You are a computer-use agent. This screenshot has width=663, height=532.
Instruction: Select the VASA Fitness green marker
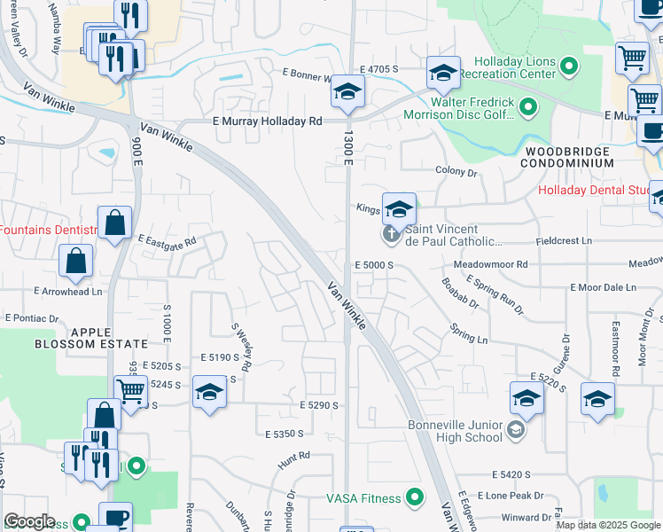(x=413, y=497)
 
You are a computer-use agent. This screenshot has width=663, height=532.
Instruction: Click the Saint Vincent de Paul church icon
(x=390, y=235)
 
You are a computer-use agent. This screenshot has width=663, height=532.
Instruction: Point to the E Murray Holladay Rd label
(x=267, y=121)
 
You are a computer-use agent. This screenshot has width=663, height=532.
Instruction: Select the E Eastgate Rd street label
(x=167, y=239)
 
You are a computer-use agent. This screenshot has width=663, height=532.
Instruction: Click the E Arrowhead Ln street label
(x=68, y=291)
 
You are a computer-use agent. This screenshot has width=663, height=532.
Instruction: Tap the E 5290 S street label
(x=319, y=404)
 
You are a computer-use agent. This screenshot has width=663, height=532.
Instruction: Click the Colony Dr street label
(x=456, y=170)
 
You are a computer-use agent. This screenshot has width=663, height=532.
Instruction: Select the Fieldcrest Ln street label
(x=563, y=241)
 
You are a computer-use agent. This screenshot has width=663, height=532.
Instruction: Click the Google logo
(x=29, y=521)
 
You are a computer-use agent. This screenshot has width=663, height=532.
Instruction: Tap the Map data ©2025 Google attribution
(x=608, y=525)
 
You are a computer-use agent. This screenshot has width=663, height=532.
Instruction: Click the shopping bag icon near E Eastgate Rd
(x=115, y=223)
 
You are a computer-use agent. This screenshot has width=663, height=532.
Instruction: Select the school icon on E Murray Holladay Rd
(x=348, y=92)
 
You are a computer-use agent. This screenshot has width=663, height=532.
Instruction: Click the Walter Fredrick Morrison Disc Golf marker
(x=529, y=108)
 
